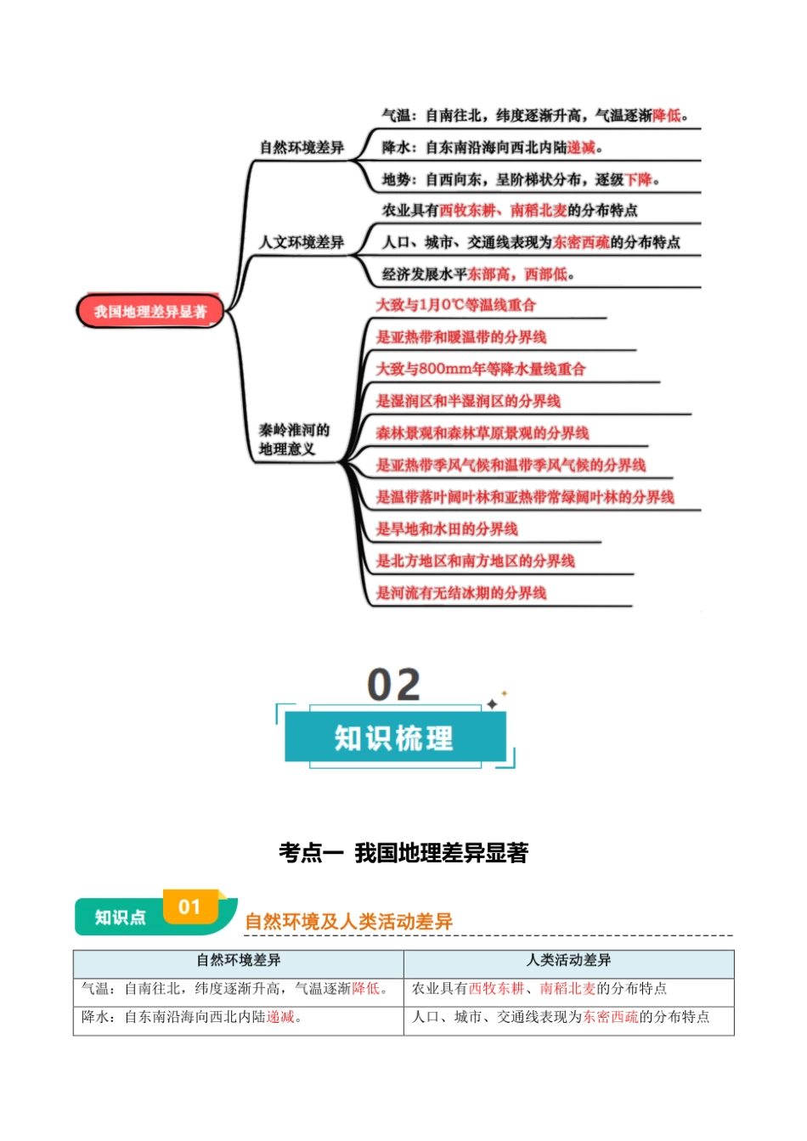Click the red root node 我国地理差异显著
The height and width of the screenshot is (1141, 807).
pos(150,312)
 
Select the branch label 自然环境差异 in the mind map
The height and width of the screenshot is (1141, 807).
pos(302,148)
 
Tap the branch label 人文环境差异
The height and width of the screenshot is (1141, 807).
pos(302,243)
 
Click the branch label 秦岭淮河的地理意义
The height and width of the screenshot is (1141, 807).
pos(294,439)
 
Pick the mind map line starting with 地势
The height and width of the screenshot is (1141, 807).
pos(520,179)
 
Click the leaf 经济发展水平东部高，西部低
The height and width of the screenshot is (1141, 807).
pos(478,274)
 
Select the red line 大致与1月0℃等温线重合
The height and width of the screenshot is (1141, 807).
pos(456,305)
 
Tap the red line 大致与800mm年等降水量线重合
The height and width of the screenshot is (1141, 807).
pos(481,369)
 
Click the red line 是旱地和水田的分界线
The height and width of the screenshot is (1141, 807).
pos(447,529)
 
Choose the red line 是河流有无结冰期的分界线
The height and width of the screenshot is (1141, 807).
pos(461,593)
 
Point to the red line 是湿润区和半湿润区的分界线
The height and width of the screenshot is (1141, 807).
pos(468,401)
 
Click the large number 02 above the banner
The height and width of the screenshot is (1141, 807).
pos(393,685)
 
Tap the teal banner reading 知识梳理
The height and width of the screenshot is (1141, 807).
pos(394,737)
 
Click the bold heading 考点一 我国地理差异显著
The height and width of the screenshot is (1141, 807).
pos(403,853)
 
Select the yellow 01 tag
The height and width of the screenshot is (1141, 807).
pos(189,907)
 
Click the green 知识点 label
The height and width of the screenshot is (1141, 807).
pos(120,918)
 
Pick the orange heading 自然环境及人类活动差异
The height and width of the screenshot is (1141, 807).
pos(348,921)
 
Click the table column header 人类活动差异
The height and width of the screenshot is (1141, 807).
pos(568,960)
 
